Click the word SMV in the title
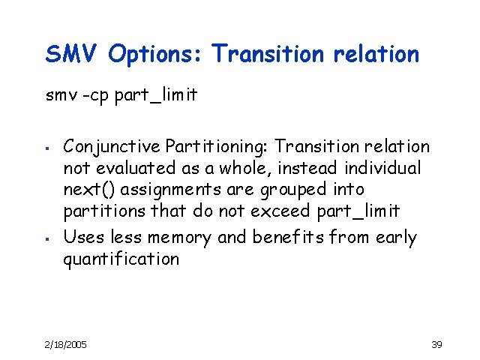pyautogui.click(x=72, y=54)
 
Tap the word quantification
pyautogui.click(x=121, y=259)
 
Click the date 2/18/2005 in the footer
pyautogui.click(x=66, y=344)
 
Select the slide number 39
pyautogui.click(x=437, y=344)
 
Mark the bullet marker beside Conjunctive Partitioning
pyautogui.click(x=46, y=147)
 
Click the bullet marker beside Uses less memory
pyautogui.click(x=46, y=238)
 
